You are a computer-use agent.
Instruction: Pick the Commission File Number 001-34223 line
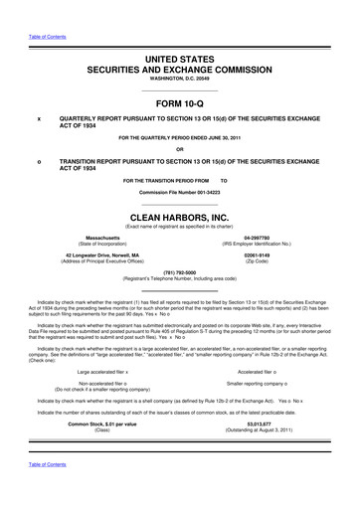tap(179, 192)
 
